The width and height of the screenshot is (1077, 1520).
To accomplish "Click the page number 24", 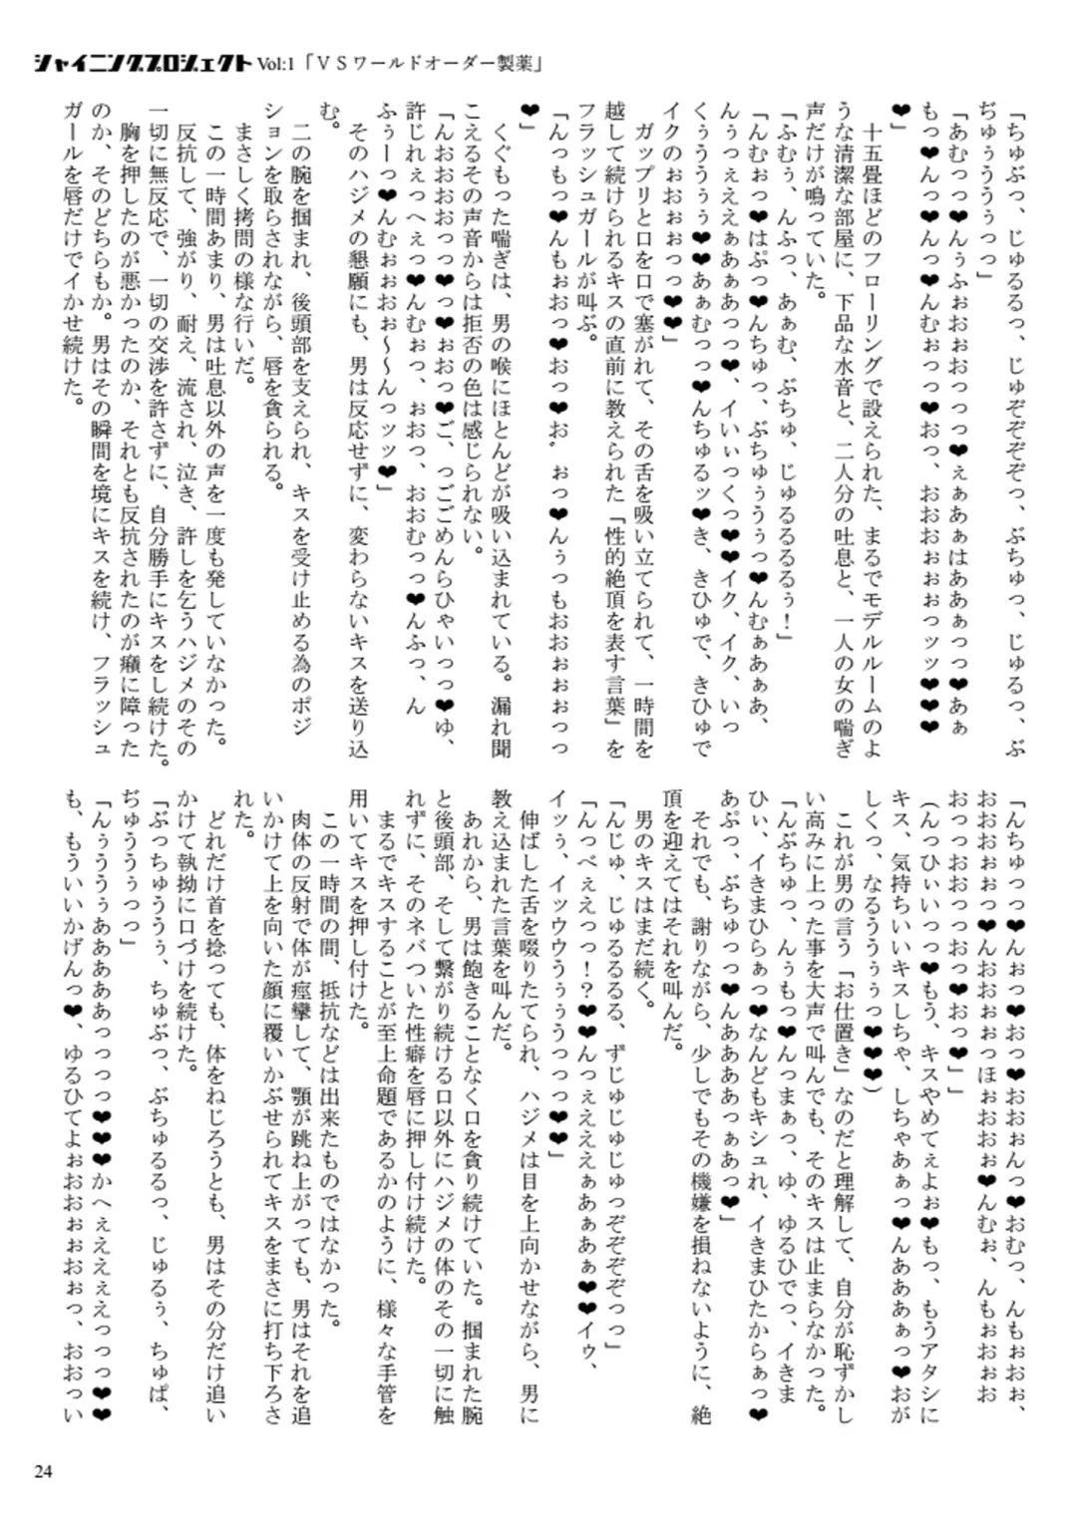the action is (42, 1471).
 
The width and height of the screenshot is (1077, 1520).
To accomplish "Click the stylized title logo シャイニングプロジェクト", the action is (142, 63).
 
